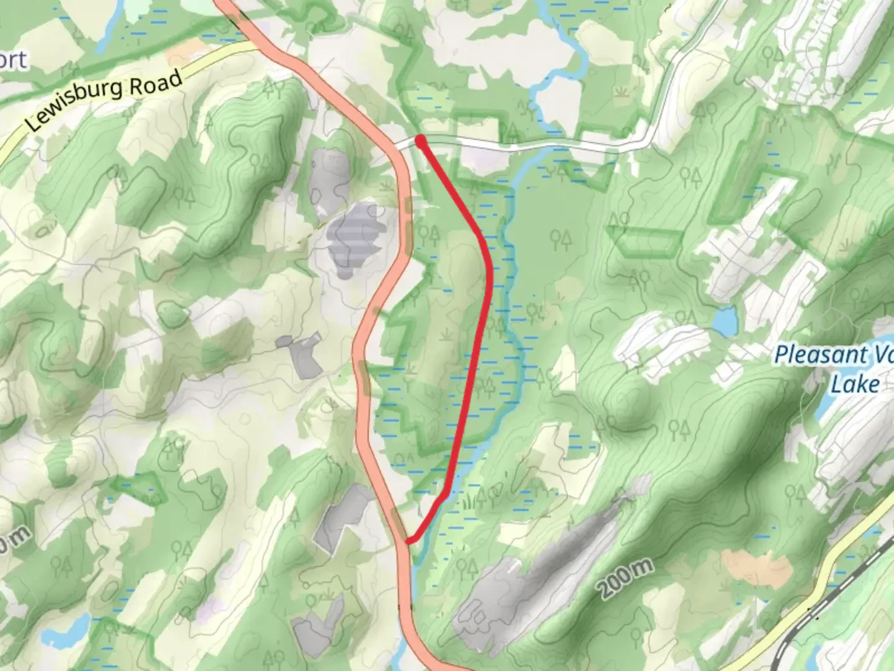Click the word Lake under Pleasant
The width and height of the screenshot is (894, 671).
856,385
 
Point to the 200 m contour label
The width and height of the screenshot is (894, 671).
626,578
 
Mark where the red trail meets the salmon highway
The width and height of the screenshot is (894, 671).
408,541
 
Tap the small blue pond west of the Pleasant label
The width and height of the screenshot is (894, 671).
724,321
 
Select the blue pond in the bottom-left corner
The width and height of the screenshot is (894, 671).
62,633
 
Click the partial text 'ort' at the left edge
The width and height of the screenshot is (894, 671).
14,61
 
